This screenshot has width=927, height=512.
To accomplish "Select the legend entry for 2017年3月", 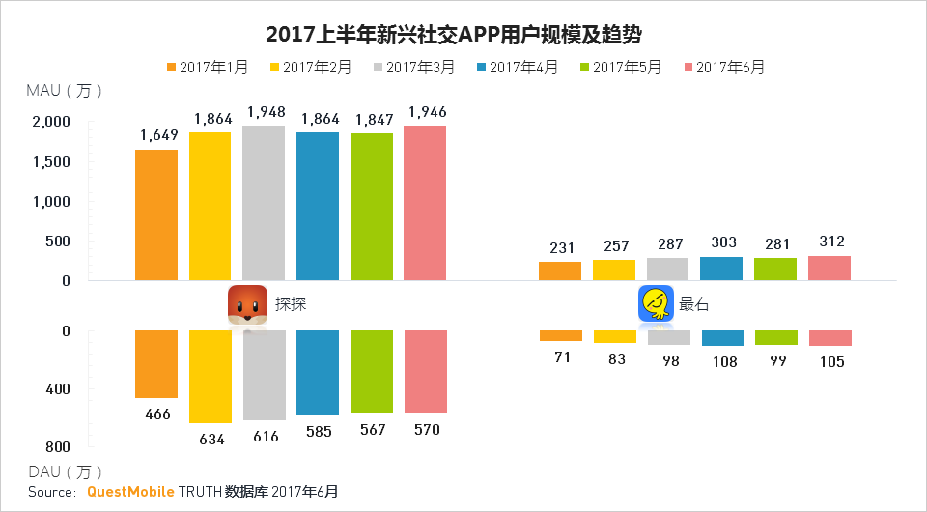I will tap(413, 67).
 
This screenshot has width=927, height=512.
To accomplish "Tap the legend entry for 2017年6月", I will tap(723, 67).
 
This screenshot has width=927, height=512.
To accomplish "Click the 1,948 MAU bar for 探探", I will tap(264, 203).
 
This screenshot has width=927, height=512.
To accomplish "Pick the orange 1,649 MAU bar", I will tap(156, 214).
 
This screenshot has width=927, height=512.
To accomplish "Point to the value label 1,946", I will tap(426, 113).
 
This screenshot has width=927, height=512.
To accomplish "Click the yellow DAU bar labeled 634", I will tap(210, 377).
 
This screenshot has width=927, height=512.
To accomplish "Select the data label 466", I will tap(156, 414).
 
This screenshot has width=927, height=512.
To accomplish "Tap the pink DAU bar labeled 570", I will tap(426, 372).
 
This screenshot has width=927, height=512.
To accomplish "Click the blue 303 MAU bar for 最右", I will tap(722, 269).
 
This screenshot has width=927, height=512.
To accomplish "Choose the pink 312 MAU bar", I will tap(829, 268).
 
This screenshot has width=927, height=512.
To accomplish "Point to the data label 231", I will tap(560, 248).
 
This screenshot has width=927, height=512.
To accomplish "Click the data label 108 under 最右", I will tap(722, 362).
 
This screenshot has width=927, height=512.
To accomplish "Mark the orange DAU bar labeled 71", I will tap(560, 335).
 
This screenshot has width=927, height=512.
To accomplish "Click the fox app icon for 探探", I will tap(247, 304).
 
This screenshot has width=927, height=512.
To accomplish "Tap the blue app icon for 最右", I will tap(656, 303).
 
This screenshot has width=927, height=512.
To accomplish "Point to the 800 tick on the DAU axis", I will tap(57, 447).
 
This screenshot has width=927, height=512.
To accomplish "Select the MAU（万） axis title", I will tap(65, 91).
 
